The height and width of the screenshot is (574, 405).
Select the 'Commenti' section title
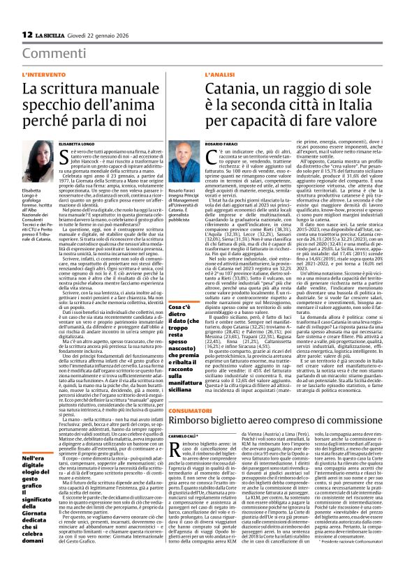pyautogui.click(x=49, y=54)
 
